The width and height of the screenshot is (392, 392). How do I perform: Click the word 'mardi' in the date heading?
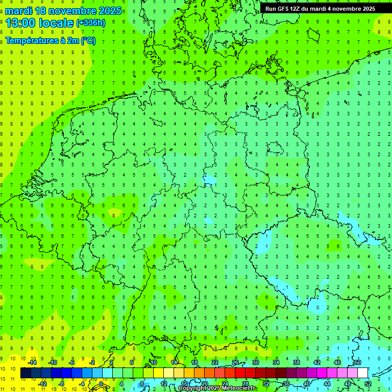[19, 11]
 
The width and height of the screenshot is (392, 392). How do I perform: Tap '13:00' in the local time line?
[21, 23]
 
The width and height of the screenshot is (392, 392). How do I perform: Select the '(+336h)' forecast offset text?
[91, 23]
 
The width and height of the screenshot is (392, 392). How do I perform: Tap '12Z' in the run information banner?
[299, 9]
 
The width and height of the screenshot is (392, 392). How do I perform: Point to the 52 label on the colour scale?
[368, 383]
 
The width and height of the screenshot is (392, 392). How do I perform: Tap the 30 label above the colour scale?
[256, 362]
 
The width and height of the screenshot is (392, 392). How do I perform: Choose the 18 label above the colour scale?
[194, 362]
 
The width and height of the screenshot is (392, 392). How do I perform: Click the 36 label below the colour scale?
[286, 383]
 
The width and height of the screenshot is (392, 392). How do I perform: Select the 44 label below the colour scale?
[327, 383]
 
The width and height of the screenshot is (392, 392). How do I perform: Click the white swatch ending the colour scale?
[363, 373]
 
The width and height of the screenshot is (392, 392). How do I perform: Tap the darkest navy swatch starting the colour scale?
[26, 373]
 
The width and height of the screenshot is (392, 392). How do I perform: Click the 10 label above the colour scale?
[154, 362]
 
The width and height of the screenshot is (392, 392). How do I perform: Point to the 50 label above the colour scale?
[358, 362]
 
